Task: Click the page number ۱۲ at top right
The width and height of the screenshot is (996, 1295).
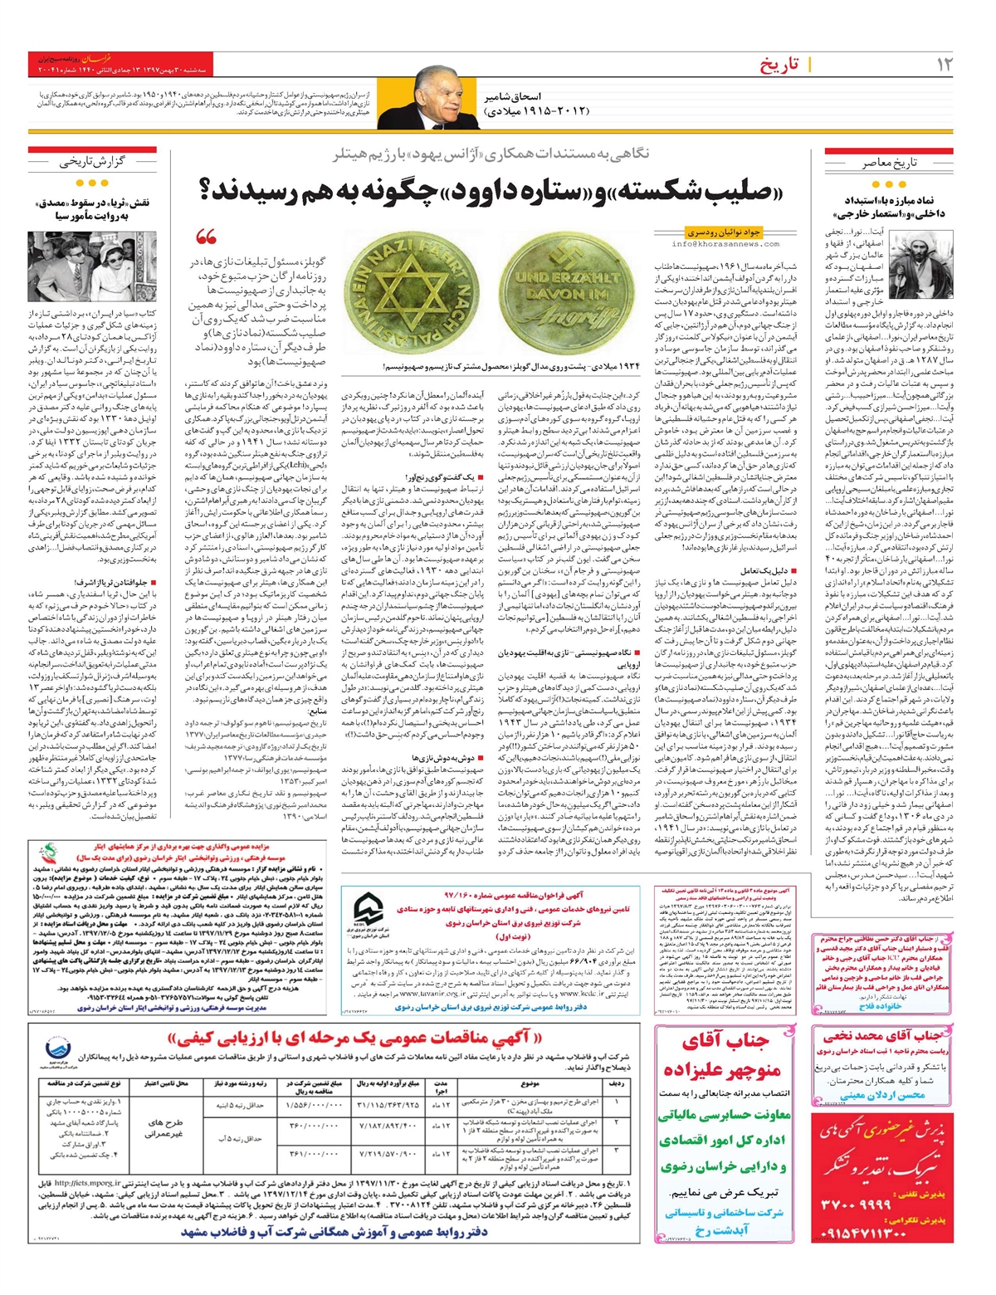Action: coord(944,65)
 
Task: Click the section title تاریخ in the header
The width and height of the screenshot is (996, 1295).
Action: coord(779,65)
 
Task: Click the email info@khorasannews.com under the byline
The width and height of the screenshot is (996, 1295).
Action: coord(725,244)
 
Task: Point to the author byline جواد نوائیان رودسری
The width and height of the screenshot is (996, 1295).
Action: coord(724,232)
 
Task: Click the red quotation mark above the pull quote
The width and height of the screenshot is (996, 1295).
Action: coord(205,237)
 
